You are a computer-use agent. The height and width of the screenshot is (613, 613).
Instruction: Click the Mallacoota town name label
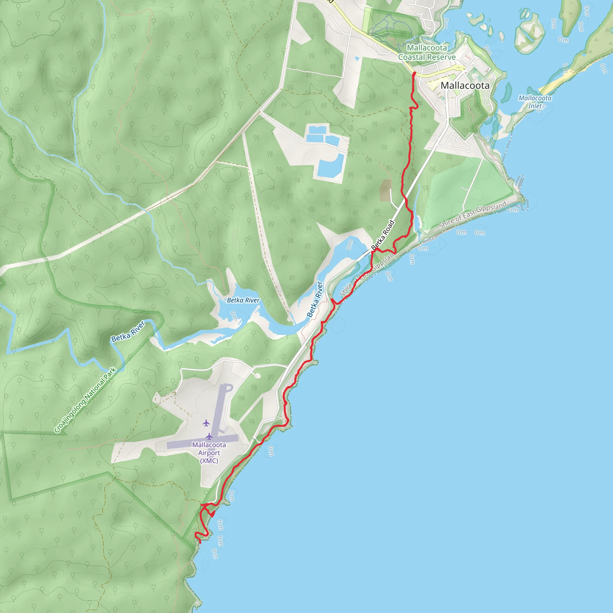[465, 85]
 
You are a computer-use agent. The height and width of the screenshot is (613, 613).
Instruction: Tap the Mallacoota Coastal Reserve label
[427, 53]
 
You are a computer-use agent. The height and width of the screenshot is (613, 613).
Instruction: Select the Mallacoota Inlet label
[535, 102]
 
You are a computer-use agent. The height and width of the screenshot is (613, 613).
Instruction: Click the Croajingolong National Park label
[85, 400]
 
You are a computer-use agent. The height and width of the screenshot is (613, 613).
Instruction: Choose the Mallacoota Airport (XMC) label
[209, 453]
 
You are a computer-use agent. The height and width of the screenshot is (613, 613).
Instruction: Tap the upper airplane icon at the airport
[206, 423]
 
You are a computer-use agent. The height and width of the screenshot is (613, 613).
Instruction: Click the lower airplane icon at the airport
[209, 436]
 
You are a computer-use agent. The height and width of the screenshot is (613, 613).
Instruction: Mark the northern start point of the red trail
[414, 73]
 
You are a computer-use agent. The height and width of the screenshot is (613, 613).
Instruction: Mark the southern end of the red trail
[200, 543]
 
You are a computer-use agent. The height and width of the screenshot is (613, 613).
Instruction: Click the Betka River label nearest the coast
[315, 300]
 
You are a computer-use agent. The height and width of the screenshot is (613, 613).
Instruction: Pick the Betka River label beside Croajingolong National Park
[128, 332]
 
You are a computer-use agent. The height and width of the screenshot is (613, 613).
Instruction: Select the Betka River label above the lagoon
[243, 300]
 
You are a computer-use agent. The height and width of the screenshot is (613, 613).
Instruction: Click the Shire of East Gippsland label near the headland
[472, 215]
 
